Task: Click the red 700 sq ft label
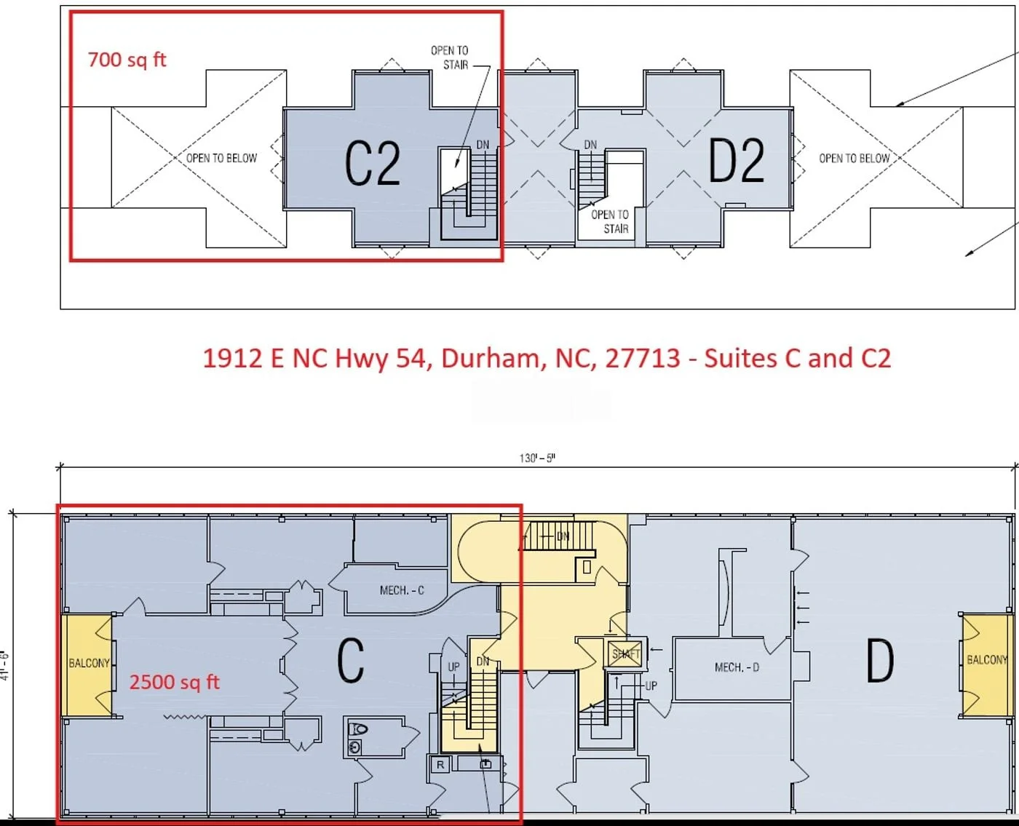pyautogui.click(x=127, y=60)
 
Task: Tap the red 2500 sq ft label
pyautogui.click(x=174, y=682)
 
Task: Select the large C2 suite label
pyautogui.click(x=372, y=163)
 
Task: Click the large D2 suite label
pyautogui.click(x=737, y=160)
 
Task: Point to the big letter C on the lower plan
pyautogui.click(x=351, y=662)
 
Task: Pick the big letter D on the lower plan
pyautogui.click(x=880, y=661)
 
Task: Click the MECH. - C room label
pyautogui.click(x=402, y=591)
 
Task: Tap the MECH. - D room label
pyautogui.click(x=737, y=667)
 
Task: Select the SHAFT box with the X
pyautogui.click(x=625, y=654)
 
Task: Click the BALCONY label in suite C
pyautogui.click(x=89, y=664)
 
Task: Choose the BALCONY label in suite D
pyautogui.click(x=987, y=660)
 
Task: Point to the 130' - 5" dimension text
pyautogui.click(x=537, y=458)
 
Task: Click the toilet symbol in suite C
pyautogui.click(x=358, y=729)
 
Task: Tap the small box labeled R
pyautogui.click(x=440, y=765)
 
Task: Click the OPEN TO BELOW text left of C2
pyautogui.click(x=221, y=159)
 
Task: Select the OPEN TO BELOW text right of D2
pyautogui.click(x=855, y=159)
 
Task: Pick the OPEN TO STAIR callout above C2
pyautogui.click(x=450, y=58)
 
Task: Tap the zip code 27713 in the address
pyautogui.click(x=643, y=358)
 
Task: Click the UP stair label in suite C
pyautogui.click(x=453, y=667)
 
